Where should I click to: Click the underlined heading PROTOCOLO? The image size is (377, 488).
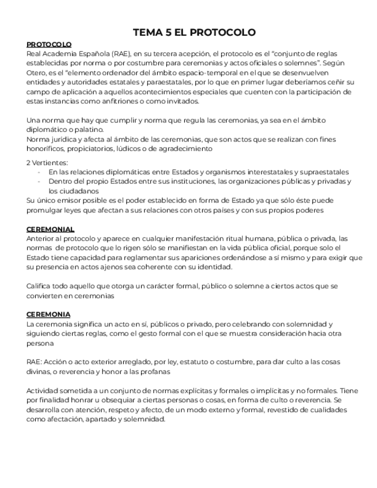click(49, 44)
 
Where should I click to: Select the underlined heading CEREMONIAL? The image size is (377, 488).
click(50, 229)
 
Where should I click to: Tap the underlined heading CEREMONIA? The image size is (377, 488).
click(48, 315)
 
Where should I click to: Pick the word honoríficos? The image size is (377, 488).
click(47, 148)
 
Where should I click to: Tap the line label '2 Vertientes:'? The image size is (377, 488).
click(47, 163)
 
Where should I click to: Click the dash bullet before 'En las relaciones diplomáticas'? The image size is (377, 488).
click(39, 172)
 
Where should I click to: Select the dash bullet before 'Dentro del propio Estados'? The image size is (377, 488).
click(39, 181)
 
